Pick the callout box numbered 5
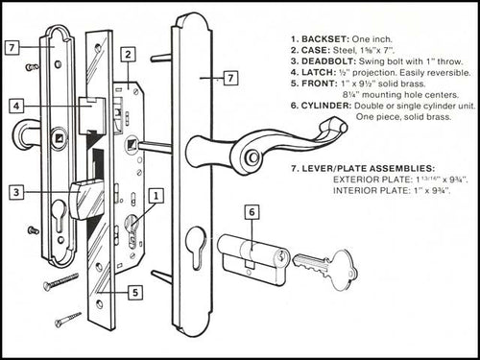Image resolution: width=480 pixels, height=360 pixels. pyautogui.click(x=137, y=291)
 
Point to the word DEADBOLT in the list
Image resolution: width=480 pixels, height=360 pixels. pyautogui.click(x=332, y=60)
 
